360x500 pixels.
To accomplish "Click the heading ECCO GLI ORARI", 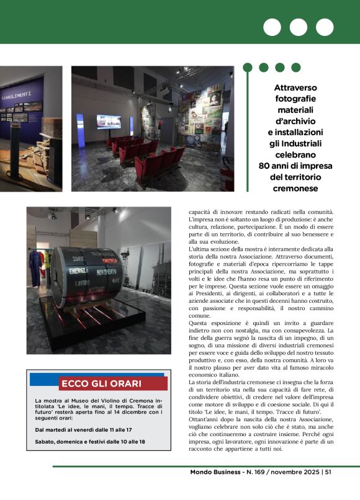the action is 101,383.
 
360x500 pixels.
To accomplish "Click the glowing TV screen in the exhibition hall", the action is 108,122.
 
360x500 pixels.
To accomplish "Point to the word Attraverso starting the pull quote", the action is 296,87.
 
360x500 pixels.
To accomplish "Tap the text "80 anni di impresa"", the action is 295,166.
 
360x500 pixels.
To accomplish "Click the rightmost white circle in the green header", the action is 325,27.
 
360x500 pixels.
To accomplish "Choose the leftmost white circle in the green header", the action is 272,27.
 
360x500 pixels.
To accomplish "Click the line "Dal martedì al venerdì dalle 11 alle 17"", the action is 84,429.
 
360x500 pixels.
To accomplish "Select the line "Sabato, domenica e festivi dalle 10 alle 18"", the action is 90,441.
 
